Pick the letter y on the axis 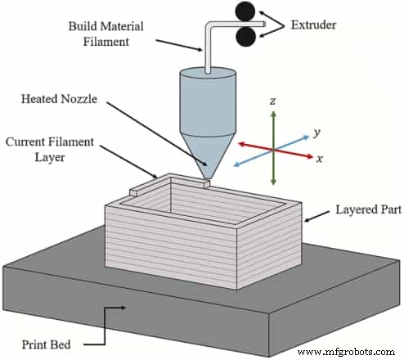pos(315,132)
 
